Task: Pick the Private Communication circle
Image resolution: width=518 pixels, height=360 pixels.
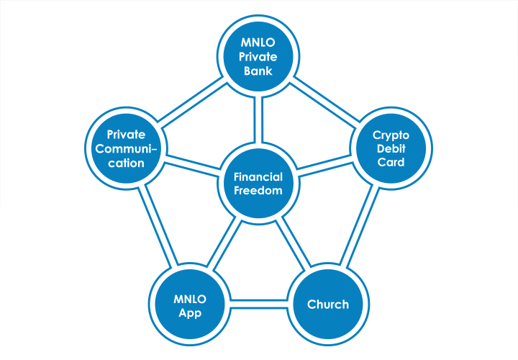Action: pyautogui.click(x=127, y=148)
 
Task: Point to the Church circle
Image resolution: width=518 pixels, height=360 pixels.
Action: pyautogui.click(x=328, y=304)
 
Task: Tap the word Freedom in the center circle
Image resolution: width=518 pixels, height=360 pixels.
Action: pyautogui.click(x=258, y=191)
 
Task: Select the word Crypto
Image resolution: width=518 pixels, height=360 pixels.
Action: pyautogui.click(x=390, y=135)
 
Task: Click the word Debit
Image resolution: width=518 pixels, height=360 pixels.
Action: pyautogui.click(x=390, y=148)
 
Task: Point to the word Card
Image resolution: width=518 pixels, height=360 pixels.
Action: pyautogui.click(x=390, y=162)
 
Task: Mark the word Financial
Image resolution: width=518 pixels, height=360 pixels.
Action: pyautogui.click(x=258, y=176)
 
